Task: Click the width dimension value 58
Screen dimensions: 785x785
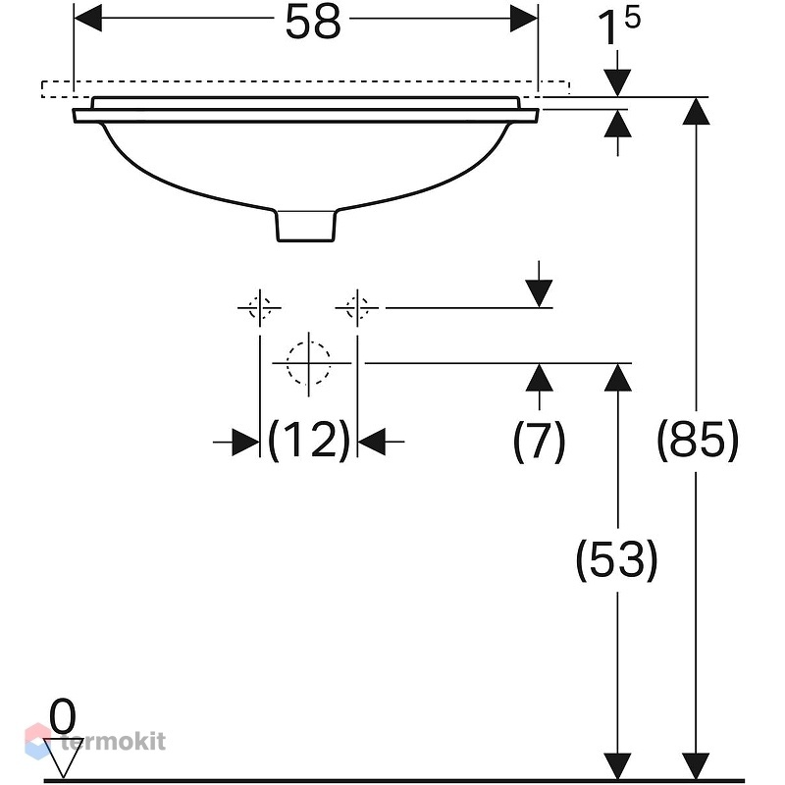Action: click(313, 22)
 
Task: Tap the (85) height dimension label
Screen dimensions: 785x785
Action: click(698, 440)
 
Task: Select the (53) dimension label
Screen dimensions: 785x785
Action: click(617, 559)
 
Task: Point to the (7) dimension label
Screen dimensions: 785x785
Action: click(539, 441)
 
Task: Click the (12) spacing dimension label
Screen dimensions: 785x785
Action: click(309, 441)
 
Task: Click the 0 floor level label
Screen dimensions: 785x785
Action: click(63, 716)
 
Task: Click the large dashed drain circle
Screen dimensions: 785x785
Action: click(309, 363)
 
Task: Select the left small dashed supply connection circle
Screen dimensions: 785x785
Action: click(260, 307)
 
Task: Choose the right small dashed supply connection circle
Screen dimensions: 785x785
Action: click(357, 307)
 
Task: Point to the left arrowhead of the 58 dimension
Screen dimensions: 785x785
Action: click(88, 18)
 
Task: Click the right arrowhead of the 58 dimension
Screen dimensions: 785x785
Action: click(524, 18)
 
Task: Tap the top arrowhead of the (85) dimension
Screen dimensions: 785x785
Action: click(696, 111)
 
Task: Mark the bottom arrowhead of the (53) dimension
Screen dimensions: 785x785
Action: click(617, 766)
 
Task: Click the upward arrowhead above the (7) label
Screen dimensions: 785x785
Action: click(539, 377)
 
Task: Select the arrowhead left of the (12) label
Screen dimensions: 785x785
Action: click(245, 443)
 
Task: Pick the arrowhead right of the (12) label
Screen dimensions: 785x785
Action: click(372, 443)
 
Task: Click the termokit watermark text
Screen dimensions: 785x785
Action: click(113, 742)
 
